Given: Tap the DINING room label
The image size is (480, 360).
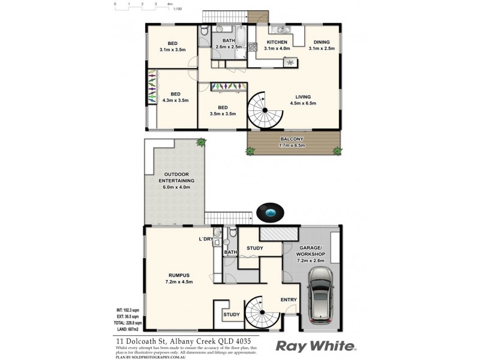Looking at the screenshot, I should [x=322, y=42].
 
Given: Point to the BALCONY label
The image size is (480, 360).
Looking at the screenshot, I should [x=292, y=140].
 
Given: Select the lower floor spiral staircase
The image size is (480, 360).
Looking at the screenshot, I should [x=263, y=313].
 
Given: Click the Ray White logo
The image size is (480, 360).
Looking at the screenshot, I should [x=315, y=346].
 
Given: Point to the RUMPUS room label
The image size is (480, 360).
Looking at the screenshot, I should [x=179, y=275].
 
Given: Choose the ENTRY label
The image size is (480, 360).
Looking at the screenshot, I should [x=289, y=300].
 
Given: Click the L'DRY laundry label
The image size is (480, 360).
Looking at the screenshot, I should [x=206, y=239].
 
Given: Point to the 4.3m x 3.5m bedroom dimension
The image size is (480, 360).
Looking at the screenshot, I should [x=175, y=101].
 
